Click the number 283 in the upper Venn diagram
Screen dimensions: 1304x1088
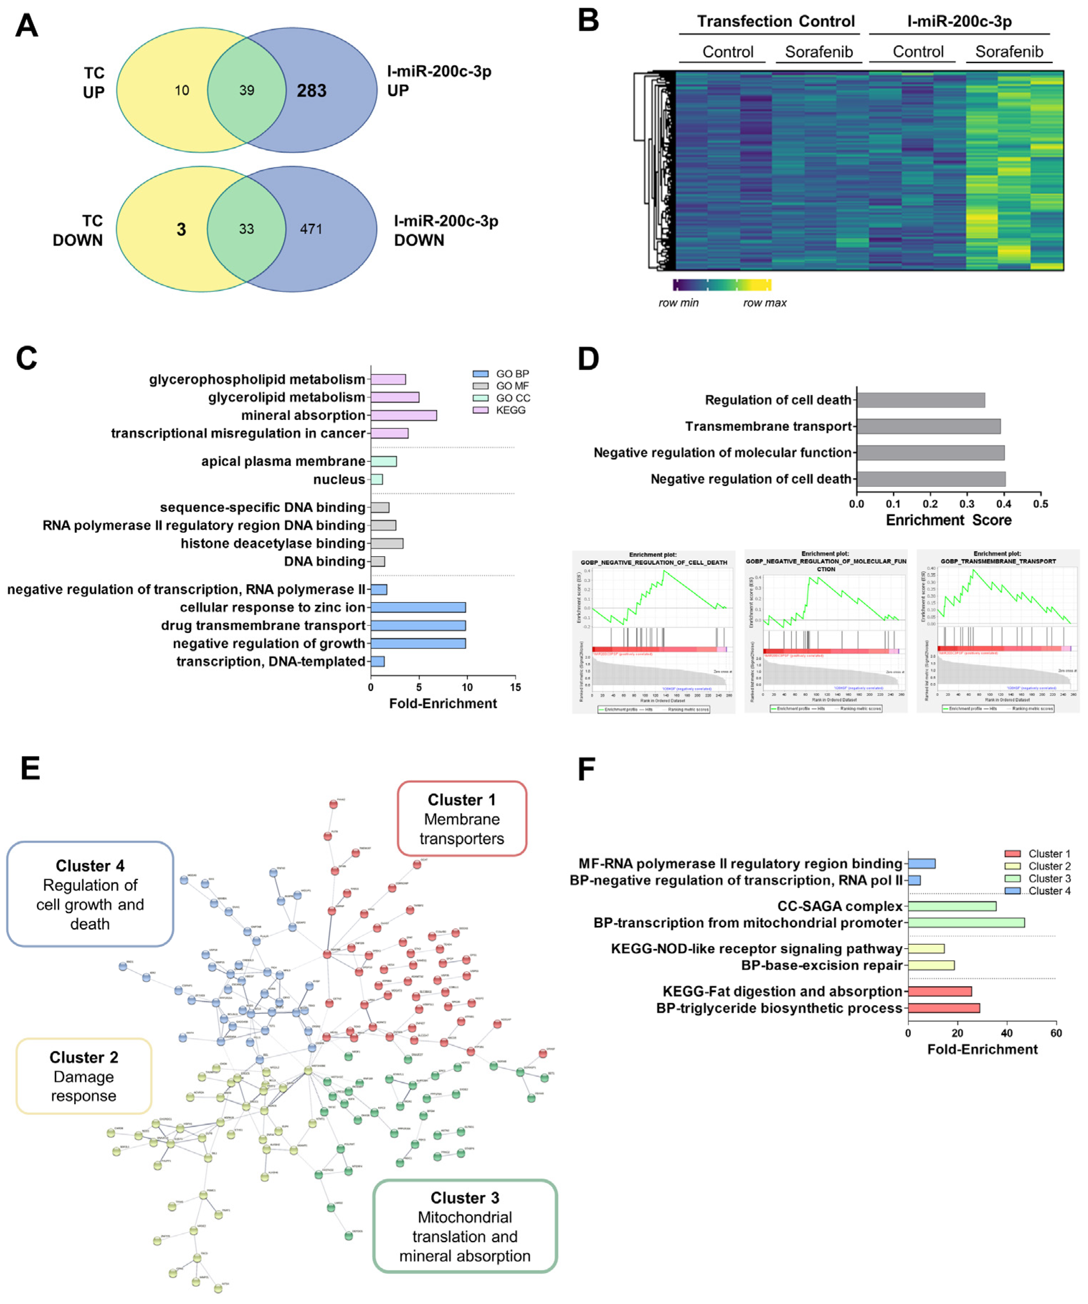pyautogui.click(x=311, y=91)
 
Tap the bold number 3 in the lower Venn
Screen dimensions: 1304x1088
pyautogui.click(x=181, y=229)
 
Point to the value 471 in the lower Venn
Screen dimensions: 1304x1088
pyautogui.click(x=311, y=229)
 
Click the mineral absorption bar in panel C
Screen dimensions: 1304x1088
pyautogui.click(x=404, y=415)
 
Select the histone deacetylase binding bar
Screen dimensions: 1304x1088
pyautogui.click(x=387, y=543)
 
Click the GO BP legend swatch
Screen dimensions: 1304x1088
pyautogui.click(x=480, y=374)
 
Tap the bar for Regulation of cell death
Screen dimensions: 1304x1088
pyautogui.click(x=920, y=400)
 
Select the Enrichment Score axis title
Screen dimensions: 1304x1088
pyautogui.click(x=948, y=520)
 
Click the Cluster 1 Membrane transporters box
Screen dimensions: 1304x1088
pyautogui.click(x=462, y=818)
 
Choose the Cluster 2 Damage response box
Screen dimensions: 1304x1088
pyautogui.click(x=84, y=1076)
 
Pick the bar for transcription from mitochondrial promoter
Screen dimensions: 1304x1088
pyautogui.click(x=966, y=923)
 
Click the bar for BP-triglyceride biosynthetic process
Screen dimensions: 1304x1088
pyautogui.click(x=943, y=1008)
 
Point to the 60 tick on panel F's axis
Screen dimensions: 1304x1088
pyautogui.click(x=1056, y=1033)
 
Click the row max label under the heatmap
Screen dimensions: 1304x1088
pyautogui.click(x=765, y=303)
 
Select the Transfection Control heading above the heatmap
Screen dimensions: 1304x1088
pyautogui.click(x=775, y=22)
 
